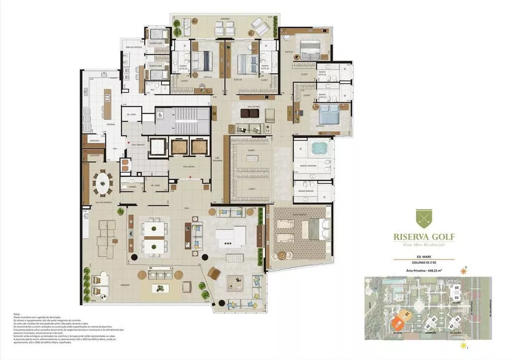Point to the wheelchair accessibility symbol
[x=158, y=115]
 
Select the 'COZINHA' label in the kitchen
[x=111, y=124]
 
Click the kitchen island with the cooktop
[x=107, y=96]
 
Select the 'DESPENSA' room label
[x=94, y=140]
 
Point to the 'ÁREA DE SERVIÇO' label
[x=126, y=47]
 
